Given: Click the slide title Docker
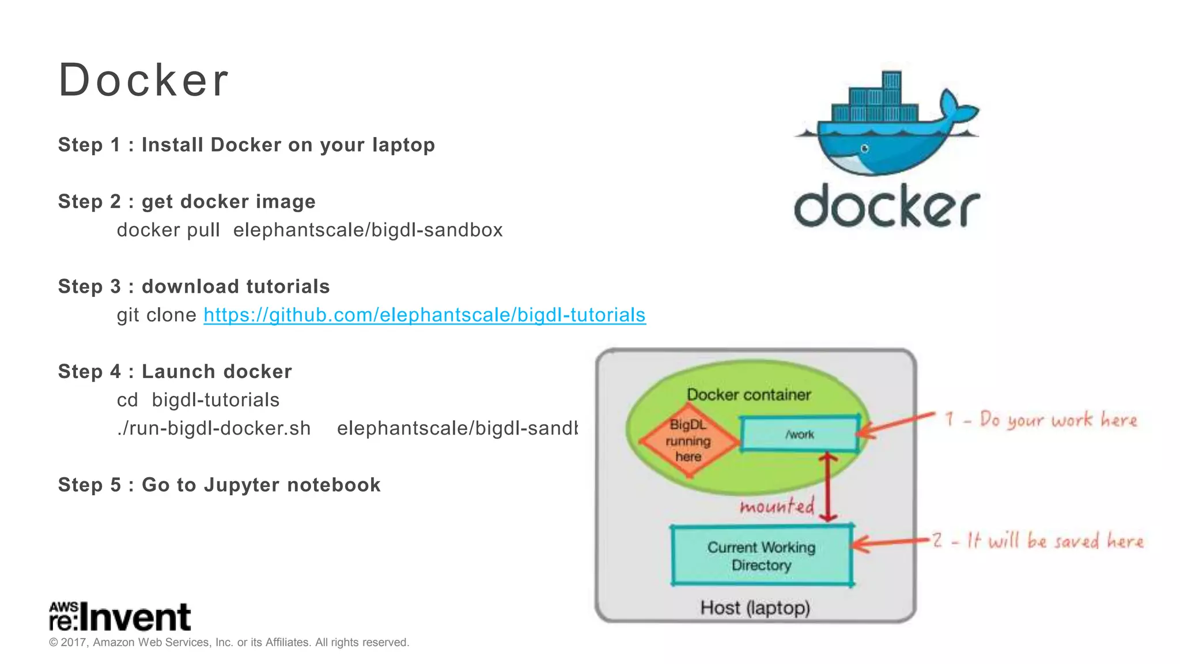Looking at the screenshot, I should (x=143, y=80).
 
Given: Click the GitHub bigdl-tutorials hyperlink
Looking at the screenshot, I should (x=425, y=315).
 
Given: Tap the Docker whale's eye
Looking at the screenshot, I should (x=864, y=149).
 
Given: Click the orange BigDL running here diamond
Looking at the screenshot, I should (x=689, y=441).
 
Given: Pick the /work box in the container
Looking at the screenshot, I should (x=800, y=435).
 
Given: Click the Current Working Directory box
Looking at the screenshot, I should (x=761, y=556).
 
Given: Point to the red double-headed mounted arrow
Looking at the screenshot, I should (x=829, y=487).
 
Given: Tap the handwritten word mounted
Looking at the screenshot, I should (x=777, y=506).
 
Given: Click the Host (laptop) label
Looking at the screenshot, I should (x=755, y=608).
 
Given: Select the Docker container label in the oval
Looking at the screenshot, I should (x=748, y=395).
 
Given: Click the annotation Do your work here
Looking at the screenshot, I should (x=1041, y=420).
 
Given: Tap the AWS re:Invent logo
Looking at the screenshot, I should (x=120, y=616).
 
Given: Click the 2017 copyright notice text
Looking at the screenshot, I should (x=229, y=642).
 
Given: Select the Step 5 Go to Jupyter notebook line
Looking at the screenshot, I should (x=219, y=485).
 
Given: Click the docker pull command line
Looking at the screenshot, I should (x=309, y=230).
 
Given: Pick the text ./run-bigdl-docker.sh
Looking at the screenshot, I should (x=214, y=428).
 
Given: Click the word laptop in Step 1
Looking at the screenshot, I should (x=403, y=145).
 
